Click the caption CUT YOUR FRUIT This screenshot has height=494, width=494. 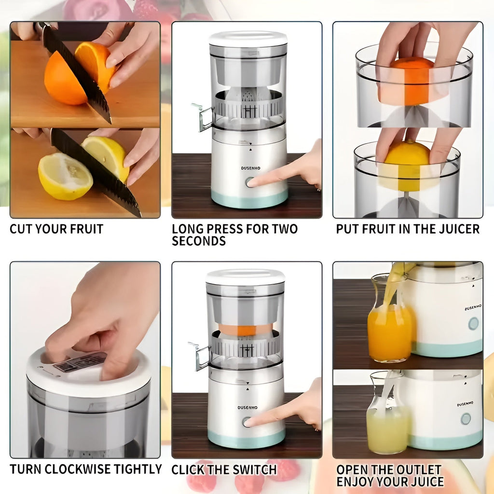56,229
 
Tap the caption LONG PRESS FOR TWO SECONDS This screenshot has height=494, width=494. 234,235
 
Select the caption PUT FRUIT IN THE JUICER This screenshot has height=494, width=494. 408,229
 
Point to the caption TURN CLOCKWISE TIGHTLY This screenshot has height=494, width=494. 86,469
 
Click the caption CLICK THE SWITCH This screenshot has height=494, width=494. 224,469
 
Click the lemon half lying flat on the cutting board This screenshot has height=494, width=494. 65,176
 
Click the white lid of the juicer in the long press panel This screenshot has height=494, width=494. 248,39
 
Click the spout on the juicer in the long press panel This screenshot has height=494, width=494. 202,117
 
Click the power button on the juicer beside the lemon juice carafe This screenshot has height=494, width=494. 466,419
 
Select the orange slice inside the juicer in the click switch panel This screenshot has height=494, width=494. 245,329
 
